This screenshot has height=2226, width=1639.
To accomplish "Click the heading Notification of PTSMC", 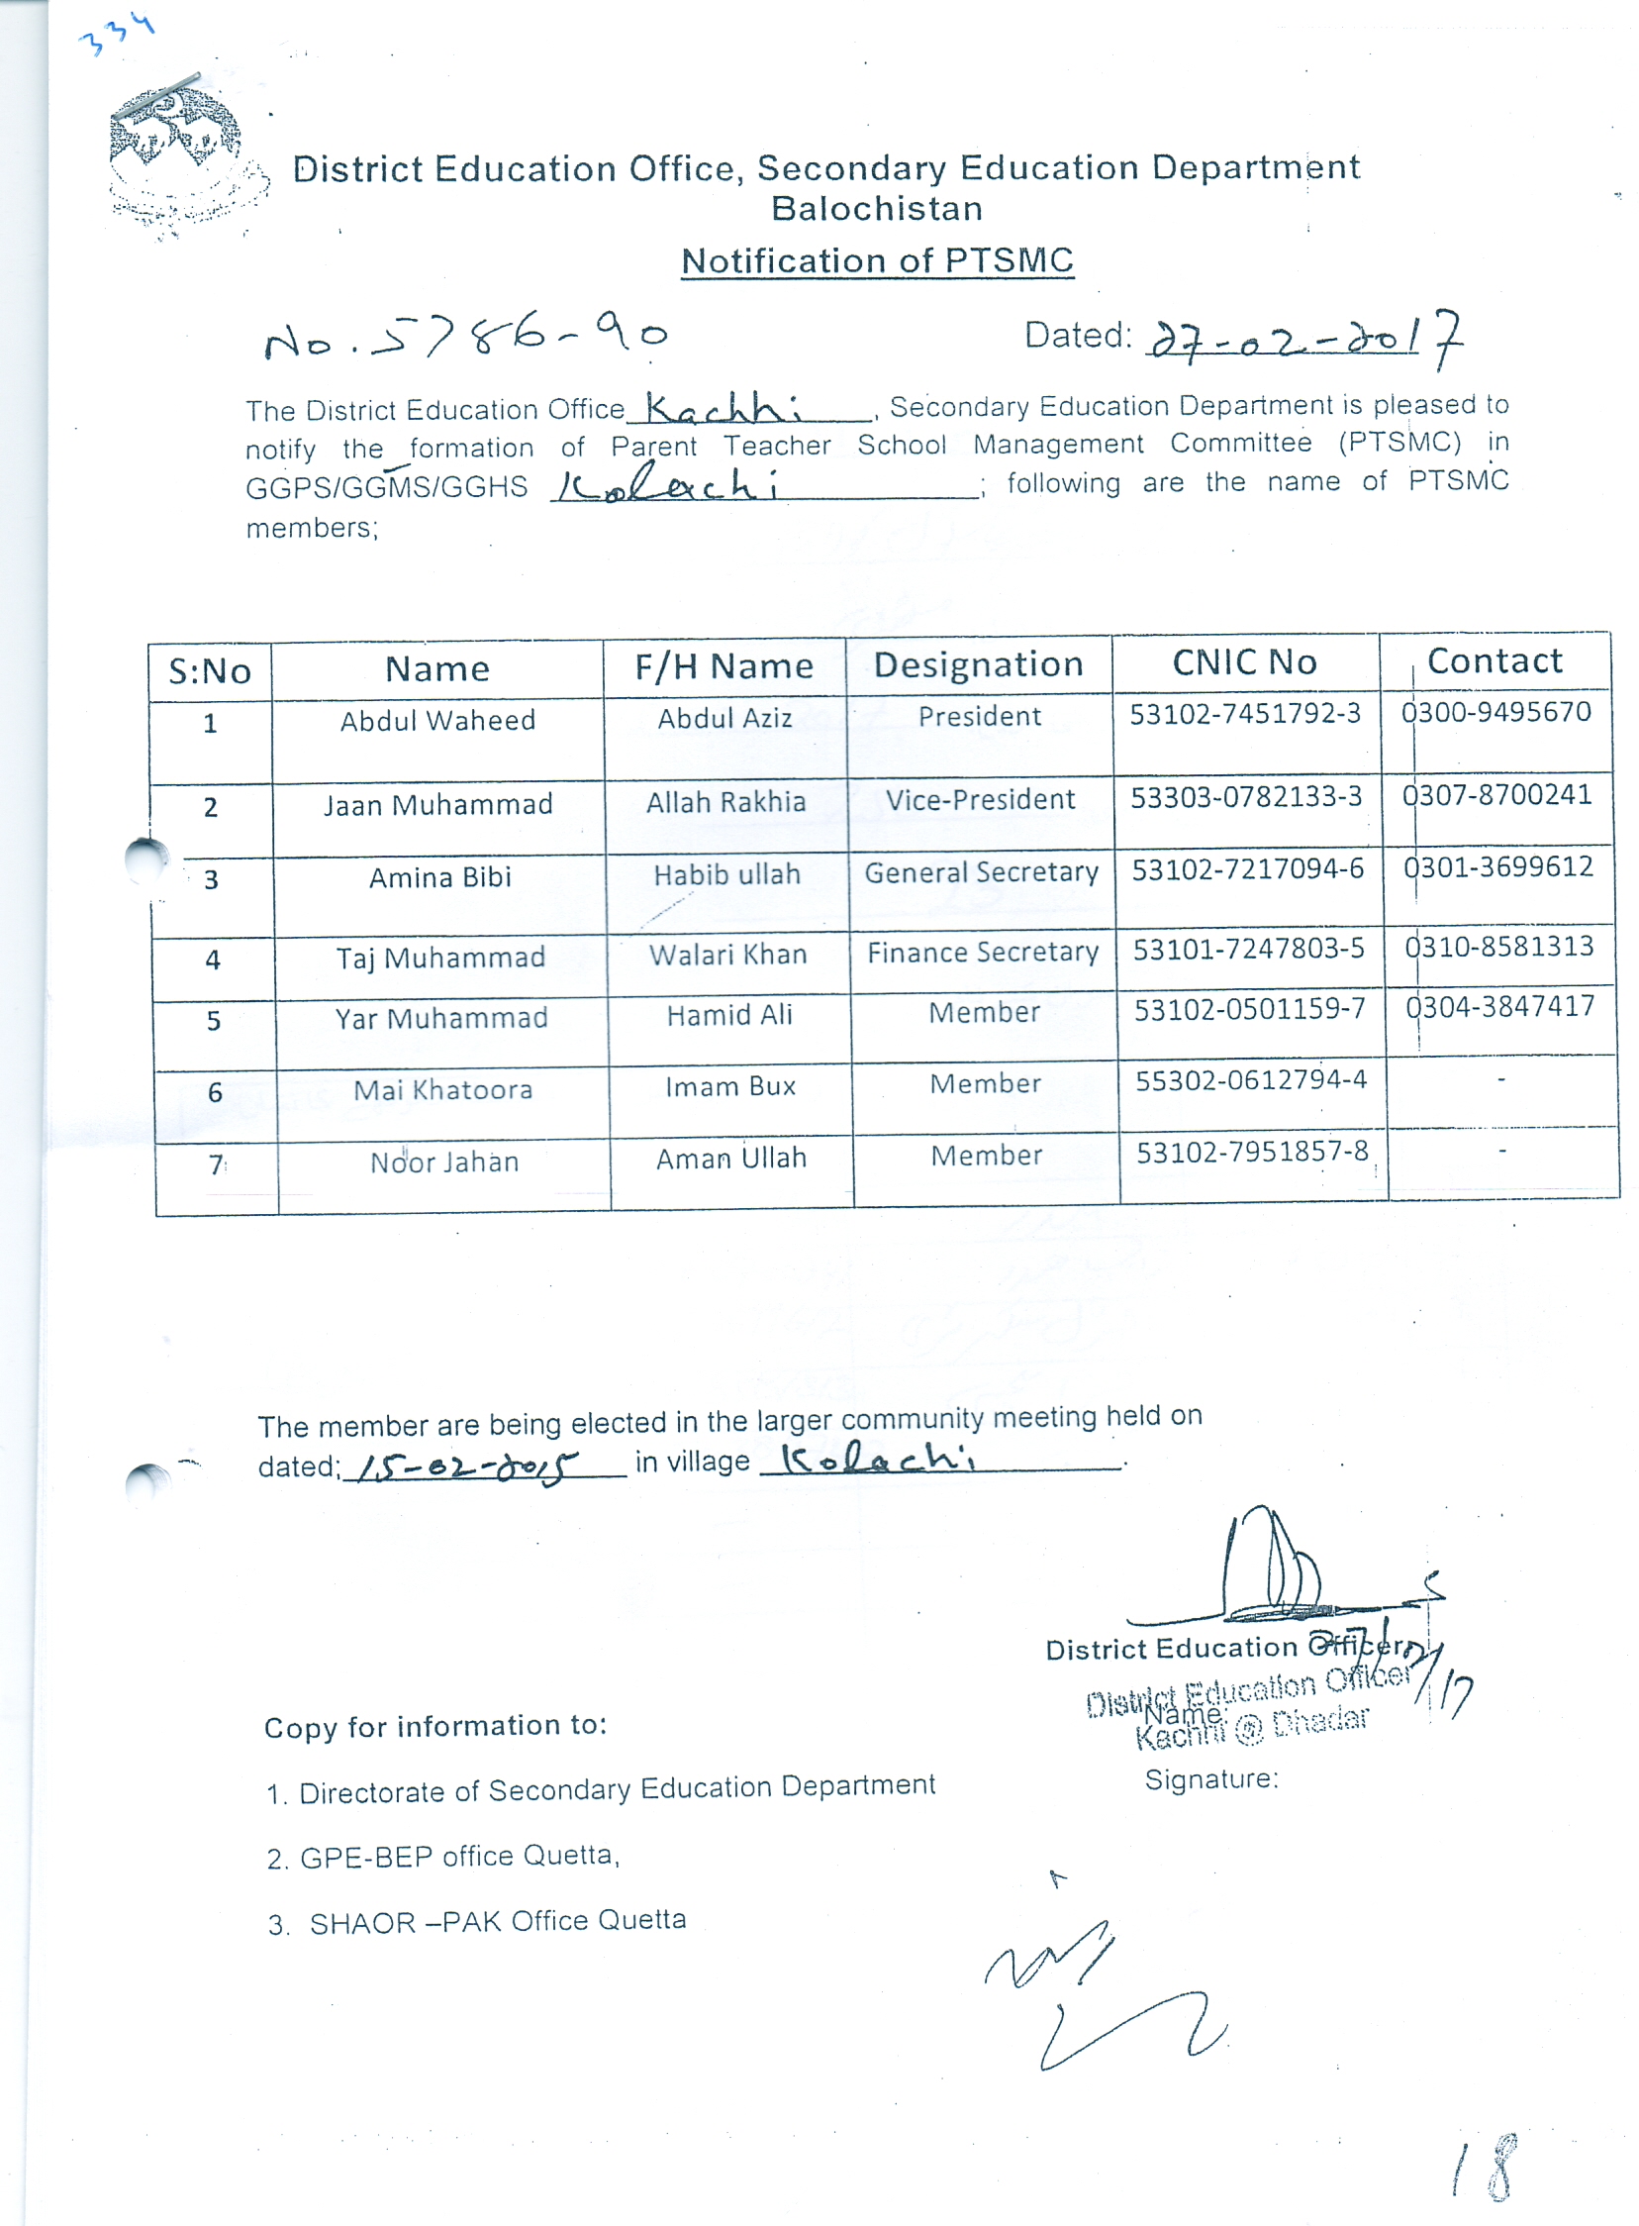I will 877,261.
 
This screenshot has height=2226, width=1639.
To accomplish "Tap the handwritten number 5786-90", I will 466,336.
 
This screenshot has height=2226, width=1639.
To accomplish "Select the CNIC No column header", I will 1244,662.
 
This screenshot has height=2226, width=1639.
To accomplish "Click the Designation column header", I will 978,664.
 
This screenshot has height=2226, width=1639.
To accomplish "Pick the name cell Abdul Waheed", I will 437,721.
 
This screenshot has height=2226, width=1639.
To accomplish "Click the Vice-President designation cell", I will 980,800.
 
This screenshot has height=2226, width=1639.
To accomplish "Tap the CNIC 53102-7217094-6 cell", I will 1248,869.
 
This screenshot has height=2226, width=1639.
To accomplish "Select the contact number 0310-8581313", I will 1499,947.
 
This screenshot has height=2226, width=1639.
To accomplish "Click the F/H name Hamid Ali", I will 729,1015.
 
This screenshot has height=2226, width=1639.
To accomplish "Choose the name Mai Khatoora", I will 443,1090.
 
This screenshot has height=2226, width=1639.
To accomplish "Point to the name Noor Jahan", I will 444,1163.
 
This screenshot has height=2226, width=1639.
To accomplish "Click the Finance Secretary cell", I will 983,953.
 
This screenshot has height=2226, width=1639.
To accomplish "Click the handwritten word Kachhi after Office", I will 724,407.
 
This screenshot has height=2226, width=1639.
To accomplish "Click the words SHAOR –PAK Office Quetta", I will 497,1922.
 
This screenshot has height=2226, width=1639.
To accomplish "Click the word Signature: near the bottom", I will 1211,1779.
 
